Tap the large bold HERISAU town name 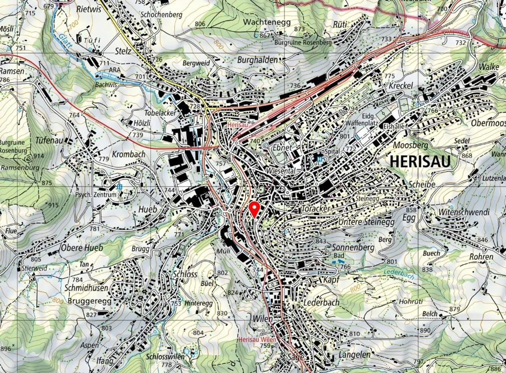(x=420, y=162)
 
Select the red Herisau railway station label (x=238, y=125)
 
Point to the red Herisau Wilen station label (x=257, y=340)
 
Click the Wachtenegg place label (x=267, y=22)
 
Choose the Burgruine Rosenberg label (x=303, y=42)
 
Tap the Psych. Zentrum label (x=96, y=195)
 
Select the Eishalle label (x=394, y=126)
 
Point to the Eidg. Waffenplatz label (x=362, y=120)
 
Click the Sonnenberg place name (x=353, y=247)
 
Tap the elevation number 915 (x=53, y=205)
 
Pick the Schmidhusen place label (x=86, y=288)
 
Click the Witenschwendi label (x=464, y=212)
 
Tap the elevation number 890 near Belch (x=425, y=330)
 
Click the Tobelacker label (x=160, y=113)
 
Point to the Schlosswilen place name (x=165, y=356)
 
